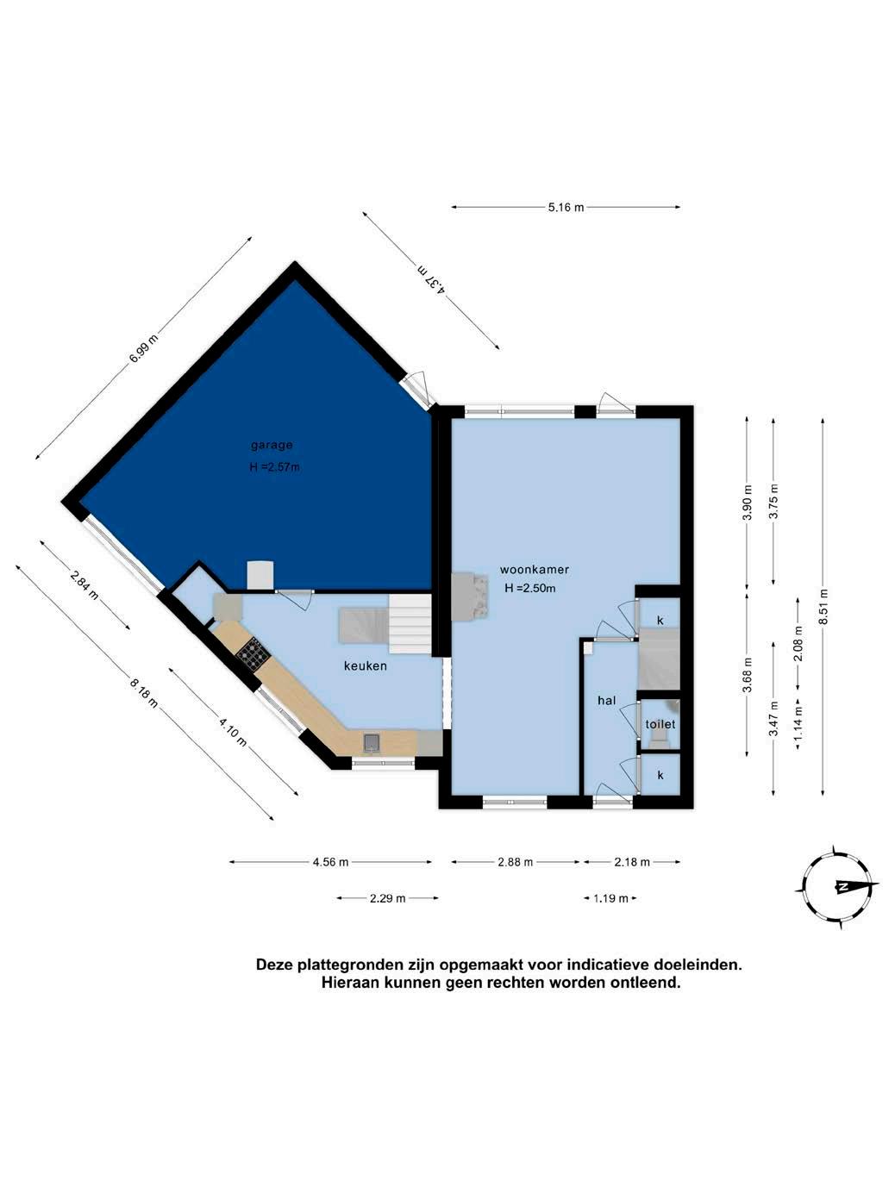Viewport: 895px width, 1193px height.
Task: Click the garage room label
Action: click(x=272, y=446)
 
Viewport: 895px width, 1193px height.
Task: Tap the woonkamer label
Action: click(x=535, y=570)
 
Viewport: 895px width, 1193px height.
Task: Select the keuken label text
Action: click(x=366, y=665)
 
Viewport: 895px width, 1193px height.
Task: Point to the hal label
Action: click(x=606, y=701)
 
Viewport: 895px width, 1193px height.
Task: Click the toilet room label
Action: click(x=660, y=724)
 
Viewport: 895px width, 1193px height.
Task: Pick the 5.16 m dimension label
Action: click(x=566, y=207)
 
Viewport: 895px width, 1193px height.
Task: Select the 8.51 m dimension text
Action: click(x=823, y=607)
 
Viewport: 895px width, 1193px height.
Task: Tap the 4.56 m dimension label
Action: click(x=330, y=862)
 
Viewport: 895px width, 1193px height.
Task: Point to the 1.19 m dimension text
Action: click(x=610, y=898)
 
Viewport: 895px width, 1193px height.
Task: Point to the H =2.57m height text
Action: click(x=274, y=467)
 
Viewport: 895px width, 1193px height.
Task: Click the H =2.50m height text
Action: click(x=529, y=588)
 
